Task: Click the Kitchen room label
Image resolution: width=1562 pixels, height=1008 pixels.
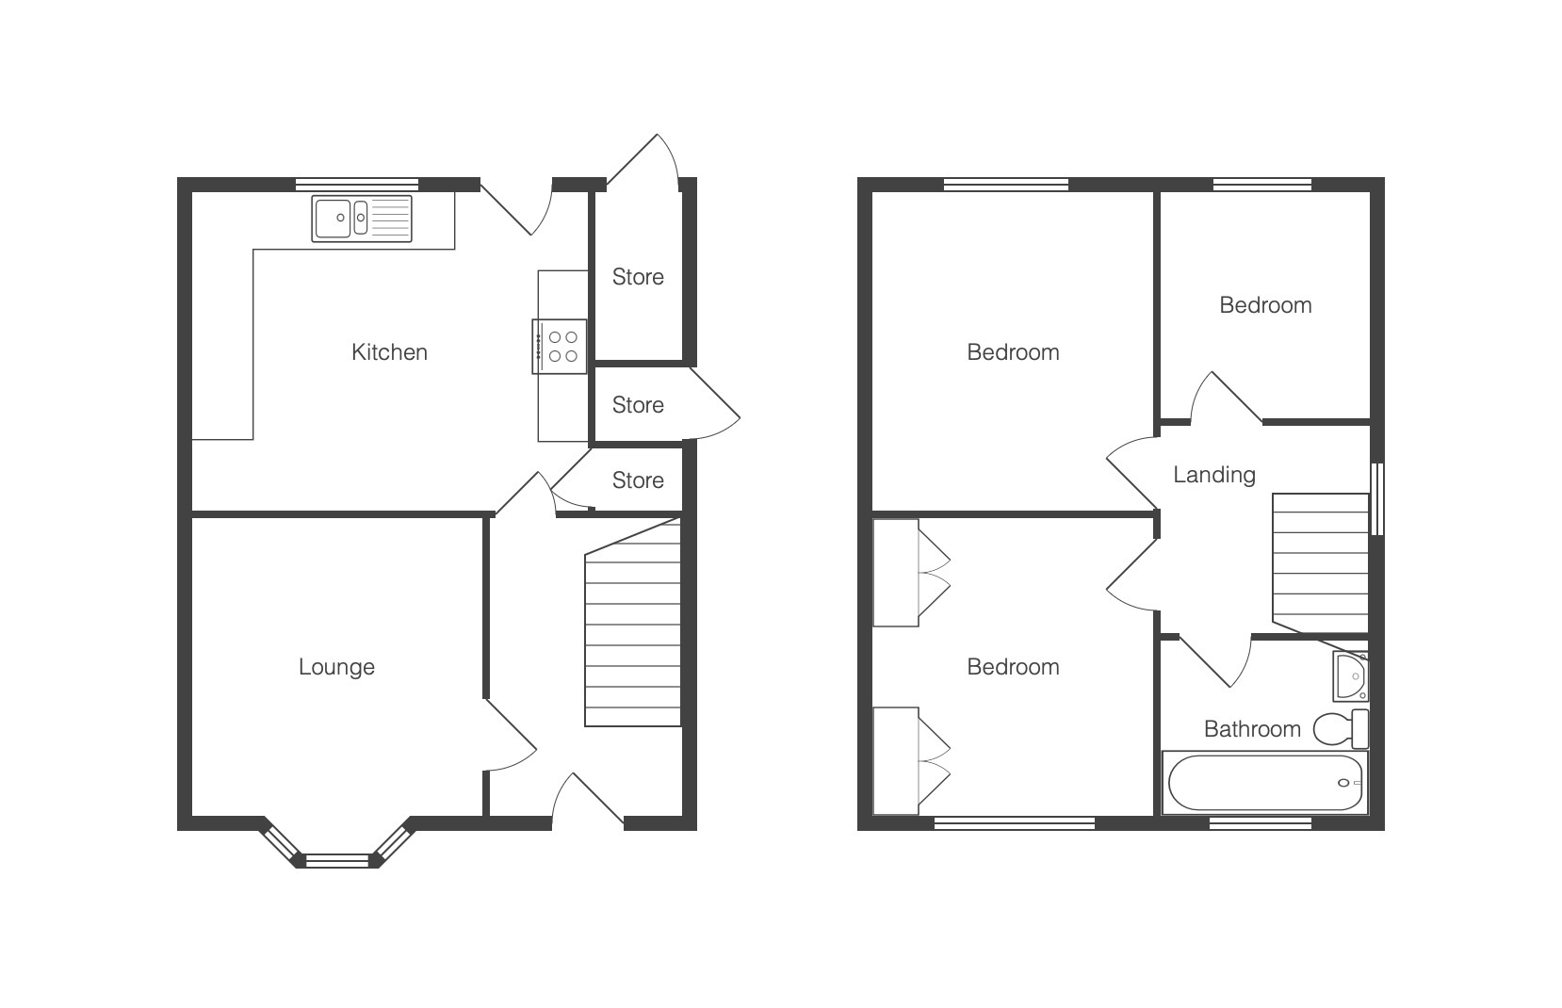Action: (389, 352)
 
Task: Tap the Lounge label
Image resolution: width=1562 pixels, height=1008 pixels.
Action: (337, 667)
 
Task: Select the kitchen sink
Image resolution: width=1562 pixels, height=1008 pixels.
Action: (361, 219)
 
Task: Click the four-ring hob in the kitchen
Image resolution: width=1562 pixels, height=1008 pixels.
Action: (560, 347)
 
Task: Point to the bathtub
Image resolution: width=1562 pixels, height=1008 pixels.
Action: (1265, 783)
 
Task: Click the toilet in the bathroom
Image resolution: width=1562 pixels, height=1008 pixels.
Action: (1341, 728)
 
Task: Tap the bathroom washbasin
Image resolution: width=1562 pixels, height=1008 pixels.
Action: (1351, 675)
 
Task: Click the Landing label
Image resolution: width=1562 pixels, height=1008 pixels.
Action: (1214, 475)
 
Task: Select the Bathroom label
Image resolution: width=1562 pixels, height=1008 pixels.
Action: (1252, 729)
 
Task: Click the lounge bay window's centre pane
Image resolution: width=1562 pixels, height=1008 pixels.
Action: (337, 861)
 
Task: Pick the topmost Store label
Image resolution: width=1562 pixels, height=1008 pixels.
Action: (638, 277)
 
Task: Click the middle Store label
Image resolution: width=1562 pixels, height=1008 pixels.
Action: (638, 405)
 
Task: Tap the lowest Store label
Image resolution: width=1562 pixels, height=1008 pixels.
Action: (638, 480)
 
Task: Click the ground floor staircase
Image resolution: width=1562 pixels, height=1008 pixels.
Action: (632, 623)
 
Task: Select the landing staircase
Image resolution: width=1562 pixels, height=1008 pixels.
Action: (1321, 563)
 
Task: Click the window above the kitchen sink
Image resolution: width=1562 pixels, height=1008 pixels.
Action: (357, 185)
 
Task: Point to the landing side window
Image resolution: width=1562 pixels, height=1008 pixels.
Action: (1377, 499)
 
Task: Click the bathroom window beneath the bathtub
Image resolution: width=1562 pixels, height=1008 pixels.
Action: (1261, 823)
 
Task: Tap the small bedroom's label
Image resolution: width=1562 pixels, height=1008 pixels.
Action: (1265, 305)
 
